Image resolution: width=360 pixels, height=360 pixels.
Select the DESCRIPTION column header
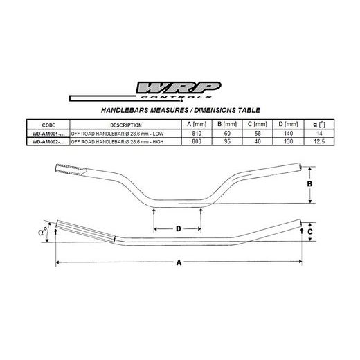pyautogui.click(x=125, y=125)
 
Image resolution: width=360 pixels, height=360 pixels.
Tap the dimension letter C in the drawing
pyautogui.click(x=312, y=233)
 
